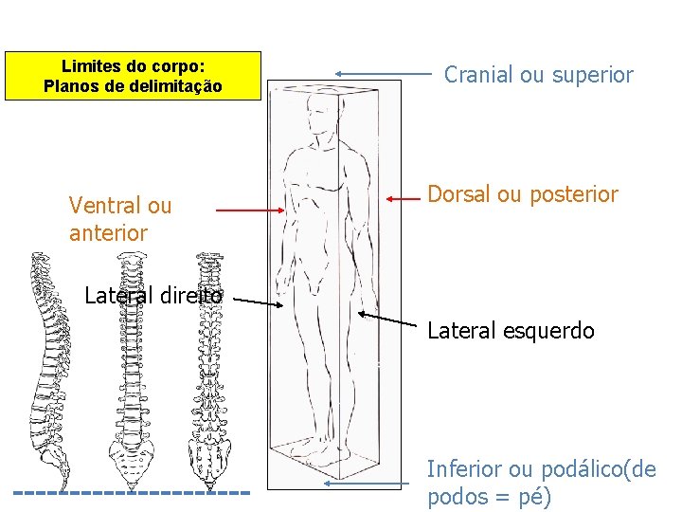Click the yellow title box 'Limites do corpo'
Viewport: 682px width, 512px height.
pyautogui.click(x=133, y=76)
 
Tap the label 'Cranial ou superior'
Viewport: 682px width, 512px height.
pyautogui.click(x=539, y=75)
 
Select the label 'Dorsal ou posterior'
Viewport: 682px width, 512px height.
pyautogui.click(x=523, y=195)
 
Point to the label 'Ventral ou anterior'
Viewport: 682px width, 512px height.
pyautogui.click(x=120, y=219)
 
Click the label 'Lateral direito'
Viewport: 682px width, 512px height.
pyautogui.click(x=153, y=296)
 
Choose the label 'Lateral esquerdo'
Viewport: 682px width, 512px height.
pyautogui.click(x=511, y=331)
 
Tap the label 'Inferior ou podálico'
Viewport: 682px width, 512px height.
pyautogui.click(x=541, y=483)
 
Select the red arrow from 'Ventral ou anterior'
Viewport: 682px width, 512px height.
pyautogui.click(x=251, y=210)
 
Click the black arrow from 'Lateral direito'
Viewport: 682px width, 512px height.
pyautogui.click(x=259, y=302)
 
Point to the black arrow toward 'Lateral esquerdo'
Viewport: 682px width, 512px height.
pyautogui.click(x=389, y=321)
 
